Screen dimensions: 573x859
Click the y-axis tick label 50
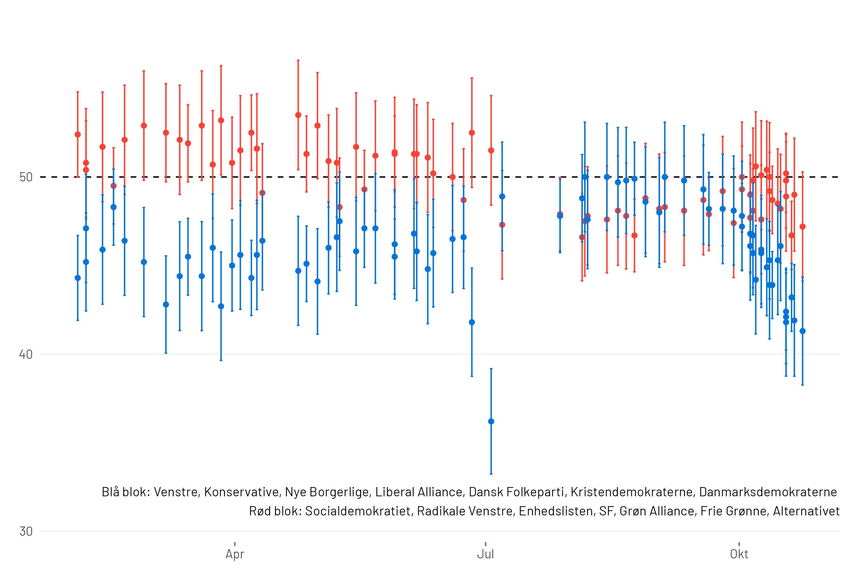(x=26, y=177)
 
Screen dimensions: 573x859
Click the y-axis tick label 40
(x=26, y=355)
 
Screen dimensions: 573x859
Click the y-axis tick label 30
(x=26, y=531)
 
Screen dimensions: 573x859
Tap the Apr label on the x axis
(x=234, y=554)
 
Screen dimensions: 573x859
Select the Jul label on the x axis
(x=485, y=554)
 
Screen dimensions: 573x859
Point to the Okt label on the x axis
(x=739, y=554)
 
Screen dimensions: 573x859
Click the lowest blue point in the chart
(x=491, y=421)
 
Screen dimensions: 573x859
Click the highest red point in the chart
(x=298, y=115)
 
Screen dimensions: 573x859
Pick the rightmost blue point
(x=802, y=331)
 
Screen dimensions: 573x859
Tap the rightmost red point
(x=802, y=227)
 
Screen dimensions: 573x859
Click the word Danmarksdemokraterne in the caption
(x=768, y=492)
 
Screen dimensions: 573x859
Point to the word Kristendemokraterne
(x=632, y=492)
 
